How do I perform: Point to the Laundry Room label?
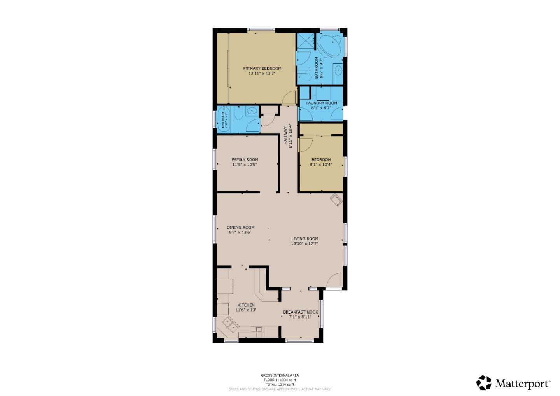[321, 103]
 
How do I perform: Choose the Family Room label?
[245, 159]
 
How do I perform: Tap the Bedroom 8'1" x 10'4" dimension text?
[321, 165]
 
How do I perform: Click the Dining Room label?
[240, 228]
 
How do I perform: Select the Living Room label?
[305, 239]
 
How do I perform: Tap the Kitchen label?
[246, 305]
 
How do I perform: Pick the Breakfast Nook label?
[300, 312]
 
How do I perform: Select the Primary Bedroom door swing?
[289, 97]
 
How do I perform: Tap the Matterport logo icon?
[484, 383]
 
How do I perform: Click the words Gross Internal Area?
[280, 375]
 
